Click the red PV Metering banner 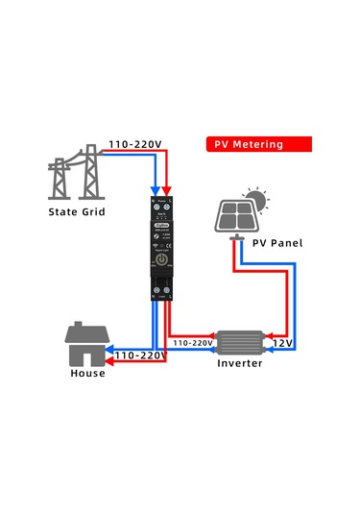pyautogui.click(x=259, y=144)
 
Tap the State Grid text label pyautogui.click(x=78, y=211)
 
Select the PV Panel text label pyautogui.click(x=277, y=244)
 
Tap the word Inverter pyautogui.click(x=240, y=364)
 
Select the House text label pyautogui.click(x=87, y=373)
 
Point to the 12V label pyautogui.click(x=282, y=342)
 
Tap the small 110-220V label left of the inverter pyautogui.click(x=193, y=342)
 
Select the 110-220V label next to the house pyautogui.click(x=140, y=355)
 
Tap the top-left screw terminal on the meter pyautogui.click(x=156, y=208)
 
